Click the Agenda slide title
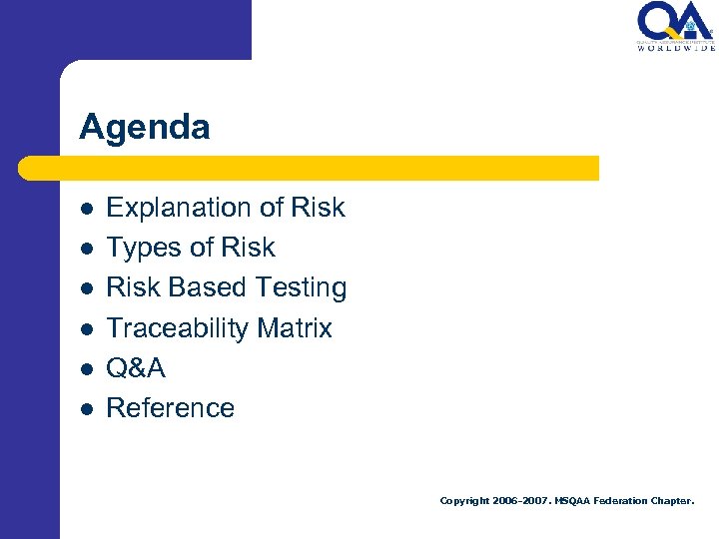(x=145, y=128)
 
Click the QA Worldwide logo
(x=676, y=27)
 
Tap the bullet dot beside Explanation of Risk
(x=87, y=209)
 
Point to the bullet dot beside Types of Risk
(x=87, y=249)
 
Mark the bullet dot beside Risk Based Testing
(x=87, y=288)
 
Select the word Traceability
(x=177, y=328)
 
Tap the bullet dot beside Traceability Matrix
(x=87, y=328)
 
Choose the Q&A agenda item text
(x=136, y=368)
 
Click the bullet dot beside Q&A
(x=87, y=368)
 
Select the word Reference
(x=171, y=408)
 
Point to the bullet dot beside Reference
(x=87, y=408)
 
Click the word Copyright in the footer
(x=464, y=501)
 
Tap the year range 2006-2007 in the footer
(x=520, y=501)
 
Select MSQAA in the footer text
(x=572, y=501)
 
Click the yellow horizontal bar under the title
(x=310, y=168)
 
